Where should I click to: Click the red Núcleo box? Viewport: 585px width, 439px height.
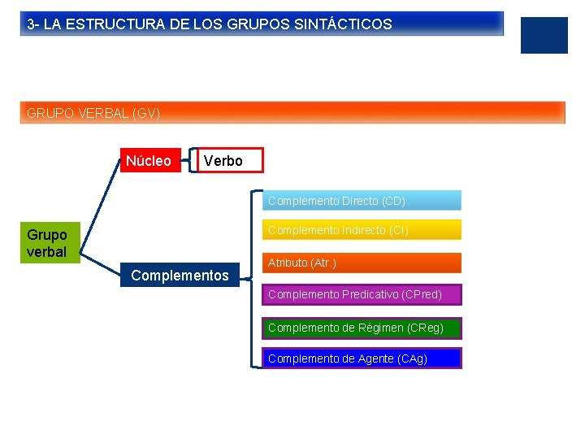149,160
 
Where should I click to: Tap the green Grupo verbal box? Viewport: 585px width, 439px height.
47,242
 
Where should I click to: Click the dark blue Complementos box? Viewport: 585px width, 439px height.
180,275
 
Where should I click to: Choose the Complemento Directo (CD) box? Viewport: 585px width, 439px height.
361,200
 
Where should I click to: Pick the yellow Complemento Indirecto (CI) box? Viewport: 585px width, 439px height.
361,230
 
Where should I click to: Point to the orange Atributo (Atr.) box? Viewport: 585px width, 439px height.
361,263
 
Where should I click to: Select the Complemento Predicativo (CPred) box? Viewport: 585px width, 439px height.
361,293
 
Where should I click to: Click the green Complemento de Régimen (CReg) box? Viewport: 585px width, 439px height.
361,328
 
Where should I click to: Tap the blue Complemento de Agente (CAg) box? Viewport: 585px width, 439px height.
361,359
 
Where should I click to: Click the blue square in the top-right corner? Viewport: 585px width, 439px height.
544,35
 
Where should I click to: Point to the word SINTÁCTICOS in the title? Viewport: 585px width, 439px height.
344,24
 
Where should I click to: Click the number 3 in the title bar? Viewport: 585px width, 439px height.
31,24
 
